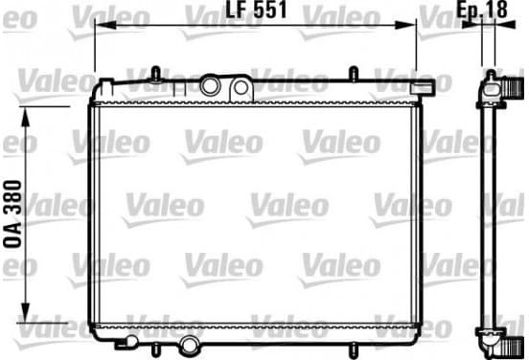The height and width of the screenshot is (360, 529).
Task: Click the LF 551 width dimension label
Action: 256,10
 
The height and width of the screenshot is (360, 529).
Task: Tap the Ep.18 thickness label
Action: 482,10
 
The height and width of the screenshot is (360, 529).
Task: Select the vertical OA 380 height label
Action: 12,214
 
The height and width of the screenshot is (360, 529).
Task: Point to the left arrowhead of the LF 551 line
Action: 105,25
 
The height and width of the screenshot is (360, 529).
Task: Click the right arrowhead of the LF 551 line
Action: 405,25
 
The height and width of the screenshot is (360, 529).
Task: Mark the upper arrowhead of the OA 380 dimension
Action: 26,117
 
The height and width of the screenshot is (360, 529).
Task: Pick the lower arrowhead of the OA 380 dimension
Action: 26,312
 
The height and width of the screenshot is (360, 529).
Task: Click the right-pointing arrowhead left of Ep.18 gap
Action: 472,24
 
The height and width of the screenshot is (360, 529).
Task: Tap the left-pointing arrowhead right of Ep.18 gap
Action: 505,24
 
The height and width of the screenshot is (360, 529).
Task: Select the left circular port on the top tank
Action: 210,86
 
